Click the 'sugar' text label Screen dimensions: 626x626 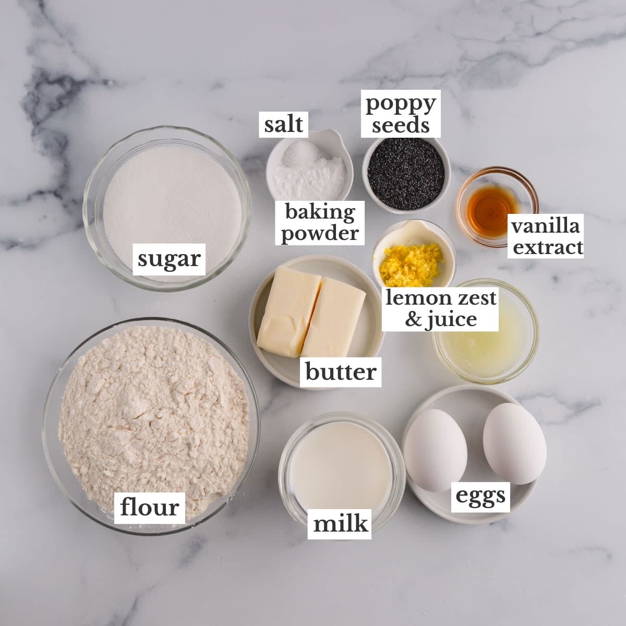pyautogui.click(x=169, y=259)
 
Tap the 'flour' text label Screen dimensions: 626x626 pyautogui.click(x=149, y=507)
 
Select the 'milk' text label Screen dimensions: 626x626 pyautogui.click(x=341, y=523)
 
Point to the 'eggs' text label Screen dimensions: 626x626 pyautogui.click(x=480, y=496)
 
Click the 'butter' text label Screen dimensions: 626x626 pyautogui.click(x=340, y=372)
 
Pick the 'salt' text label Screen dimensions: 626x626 pyautogui.click(x=283, y=124)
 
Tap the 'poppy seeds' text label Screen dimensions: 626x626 pyautogui.click(x=401, y=114)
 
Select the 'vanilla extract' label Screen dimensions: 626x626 pyautogui.click(x=546, y=237)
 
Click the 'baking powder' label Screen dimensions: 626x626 pyautogui.click(x=320, y=223)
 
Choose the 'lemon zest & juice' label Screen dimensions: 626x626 pyautogui.click(x=441, y=308)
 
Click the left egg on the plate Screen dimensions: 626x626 pyautogui.click(x=435, y=450)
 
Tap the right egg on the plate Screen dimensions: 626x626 pyautogui.click(x=514, y=443)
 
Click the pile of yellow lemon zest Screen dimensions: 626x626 pyautogui.click(x=410, y=258)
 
